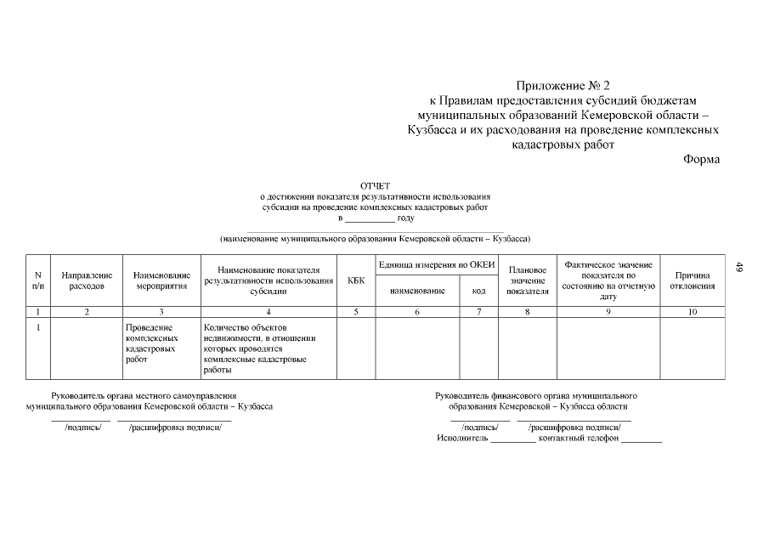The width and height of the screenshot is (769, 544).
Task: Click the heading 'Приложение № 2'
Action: pos(563,86)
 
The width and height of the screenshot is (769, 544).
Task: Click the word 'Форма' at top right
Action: pos(701,159)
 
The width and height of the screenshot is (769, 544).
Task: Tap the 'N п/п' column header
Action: pos(37,280)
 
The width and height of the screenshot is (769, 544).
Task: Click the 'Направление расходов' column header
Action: pos(87,280)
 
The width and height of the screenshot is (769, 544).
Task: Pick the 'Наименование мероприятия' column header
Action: pos(161,280)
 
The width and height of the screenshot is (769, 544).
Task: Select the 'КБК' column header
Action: pos(356,280)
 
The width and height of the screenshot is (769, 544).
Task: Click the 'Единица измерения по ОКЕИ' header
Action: pos(437,264)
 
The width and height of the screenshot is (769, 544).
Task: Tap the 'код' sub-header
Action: pos(478,291)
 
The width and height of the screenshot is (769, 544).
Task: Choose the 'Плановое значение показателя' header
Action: pos(527,280)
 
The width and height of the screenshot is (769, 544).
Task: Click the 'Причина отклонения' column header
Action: pos(692,280)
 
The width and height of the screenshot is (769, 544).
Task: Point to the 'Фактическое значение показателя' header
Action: pos(608,280)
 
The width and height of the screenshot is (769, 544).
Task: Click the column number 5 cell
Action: pos(356,312)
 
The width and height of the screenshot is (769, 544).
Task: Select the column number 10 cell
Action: pos(692,312)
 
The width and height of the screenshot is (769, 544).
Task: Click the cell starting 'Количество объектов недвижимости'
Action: pos(256,348)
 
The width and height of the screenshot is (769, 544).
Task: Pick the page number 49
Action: pos(739,267)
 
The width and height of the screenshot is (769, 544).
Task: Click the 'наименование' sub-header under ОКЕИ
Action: pos(417,291)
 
